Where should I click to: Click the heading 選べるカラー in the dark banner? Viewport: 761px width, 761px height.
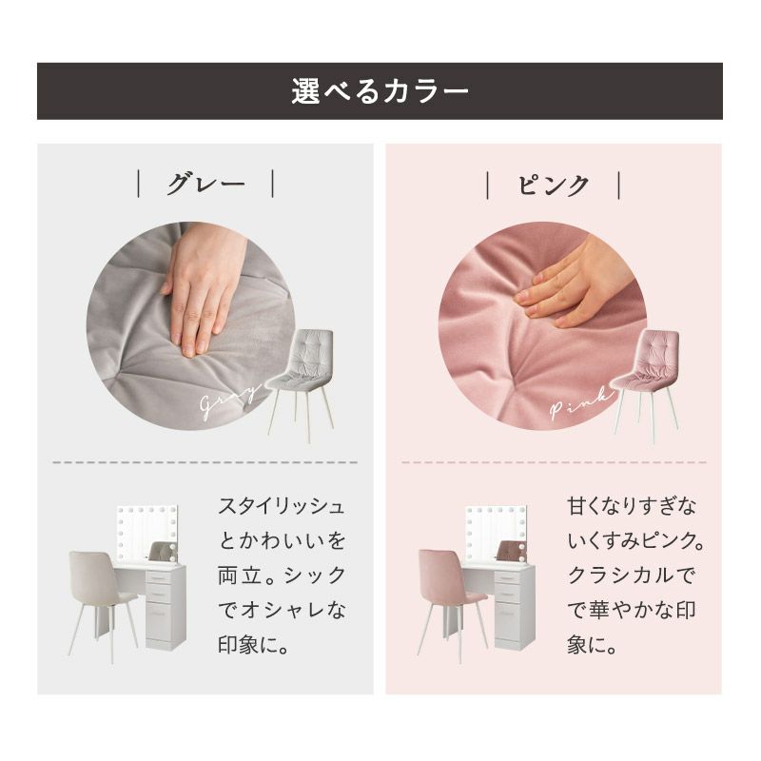pos(380,91)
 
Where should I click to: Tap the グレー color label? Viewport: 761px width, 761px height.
pos(206,184)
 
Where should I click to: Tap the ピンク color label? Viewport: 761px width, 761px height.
pos(554,185)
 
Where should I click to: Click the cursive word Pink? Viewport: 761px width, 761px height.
pos(581,402)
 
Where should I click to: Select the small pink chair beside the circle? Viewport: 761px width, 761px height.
pos(646,383)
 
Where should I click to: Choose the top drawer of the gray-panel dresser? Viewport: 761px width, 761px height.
pos(159,577)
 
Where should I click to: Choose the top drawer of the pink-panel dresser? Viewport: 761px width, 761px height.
pos(508,577)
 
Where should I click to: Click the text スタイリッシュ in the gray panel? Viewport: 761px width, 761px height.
pos(282,506)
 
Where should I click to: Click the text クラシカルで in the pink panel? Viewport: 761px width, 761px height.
pos(631,576)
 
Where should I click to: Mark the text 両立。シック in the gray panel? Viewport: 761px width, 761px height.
pos(282,576)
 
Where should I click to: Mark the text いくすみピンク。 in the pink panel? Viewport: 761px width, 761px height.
pos(635,540)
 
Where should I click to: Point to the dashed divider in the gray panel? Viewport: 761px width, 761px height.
pos(205,462)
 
